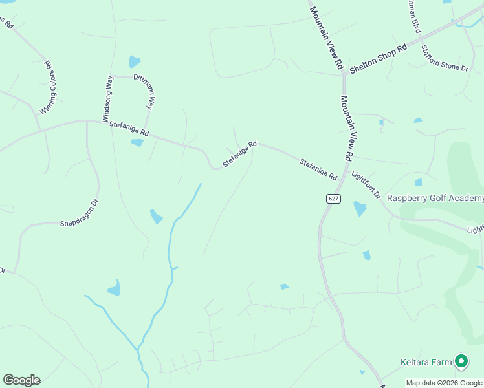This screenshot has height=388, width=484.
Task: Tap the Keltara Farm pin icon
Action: coord(461,361)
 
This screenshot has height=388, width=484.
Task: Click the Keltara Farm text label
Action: coord(425,362)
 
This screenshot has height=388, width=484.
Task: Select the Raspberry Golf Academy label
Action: coord(435,198)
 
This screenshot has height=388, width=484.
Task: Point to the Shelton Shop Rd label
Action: coord(378,58)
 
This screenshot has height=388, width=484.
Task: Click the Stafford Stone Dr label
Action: coord(444,58)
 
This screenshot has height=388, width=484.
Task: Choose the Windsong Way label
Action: coord(108,99)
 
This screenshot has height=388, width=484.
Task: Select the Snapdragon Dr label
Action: coord(79,213)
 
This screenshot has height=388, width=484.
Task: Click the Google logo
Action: coord(21,380)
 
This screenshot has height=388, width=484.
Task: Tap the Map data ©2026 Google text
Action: coord(445,383)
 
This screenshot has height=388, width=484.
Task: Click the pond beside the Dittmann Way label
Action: coord(134,62)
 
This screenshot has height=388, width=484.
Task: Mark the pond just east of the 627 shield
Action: coord(359,208)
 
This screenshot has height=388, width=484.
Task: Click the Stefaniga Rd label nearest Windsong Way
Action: coord(129,129)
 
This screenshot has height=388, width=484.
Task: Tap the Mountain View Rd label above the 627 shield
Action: coord(346,128)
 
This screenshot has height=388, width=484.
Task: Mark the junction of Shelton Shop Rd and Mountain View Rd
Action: coord(344,74)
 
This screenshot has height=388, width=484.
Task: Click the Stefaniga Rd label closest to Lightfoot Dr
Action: coord(318,169)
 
